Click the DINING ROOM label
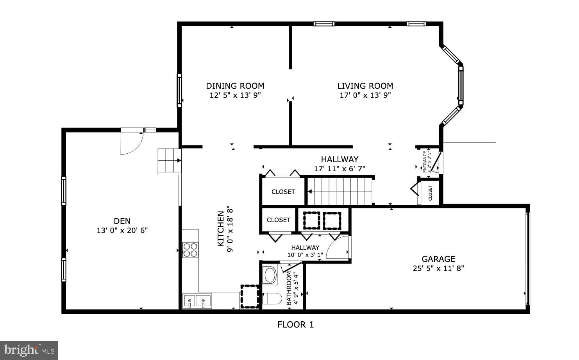click(x=235, y=86)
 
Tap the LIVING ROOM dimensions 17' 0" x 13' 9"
click(x=365, y=95)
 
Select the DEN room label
click(x=122, y=221)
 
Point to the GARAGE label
click(x=438, y=259)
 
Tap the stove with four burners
click(x=190, y=250)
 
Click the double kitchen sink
click(x=197, y=301)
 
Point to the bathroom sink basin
click(x=270, y=275)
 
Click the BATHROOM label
click(x=289, y=288)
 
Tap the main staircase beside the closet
click(x=340, y=191)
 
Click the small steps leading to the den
click(x=169, y=161)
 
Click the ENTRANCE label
click(x=425, y=161)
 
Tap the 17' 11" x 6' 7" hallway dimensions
click(x=339, y=169)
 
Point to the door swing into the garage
click(x=338, y=247)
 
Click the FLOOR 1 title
click(x=295, y=324)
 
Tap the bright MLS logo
click(x=29, y=350)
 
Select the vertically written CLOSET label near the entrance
click(x=430, y=193)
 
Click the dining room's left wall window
click(x=179, y=90)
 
